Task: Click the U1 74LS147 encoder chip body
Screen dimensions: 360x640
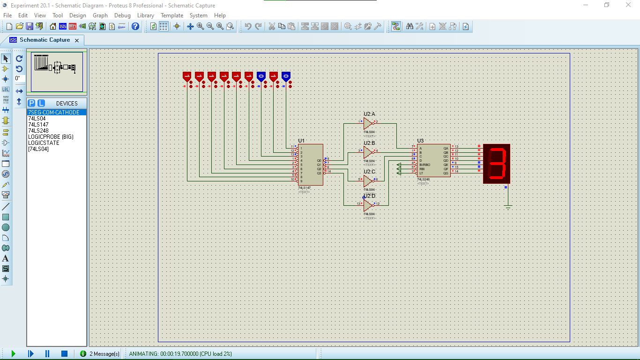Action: tap(310, 164)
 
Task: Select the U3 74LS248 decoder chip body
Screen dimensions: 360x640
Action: tap(434, 160)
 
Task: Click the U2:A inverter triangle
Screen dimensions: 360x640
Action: tap(368, 123)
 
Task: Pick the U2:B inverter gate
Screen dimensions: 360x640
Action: tap(368, 152)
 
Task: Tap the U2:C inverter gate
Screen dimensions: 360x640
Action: tap(368, 180)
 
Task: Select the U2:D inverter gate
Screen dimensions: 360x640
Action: tap(368, 205)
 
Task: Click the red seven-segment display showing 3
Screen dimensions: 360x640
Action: tap(497, 164)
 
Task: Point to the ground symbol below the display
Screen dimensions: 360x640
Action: tap(508, 207)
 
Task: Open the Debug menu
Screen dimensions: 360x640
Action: tap(122, 15)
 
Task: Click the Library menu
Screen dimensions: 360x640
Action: tap(145, 15)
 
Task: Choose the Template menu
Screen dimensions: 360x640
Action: tap(172, 15)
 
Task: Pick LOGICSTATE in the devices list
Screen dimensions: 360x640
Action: tap(44, 143)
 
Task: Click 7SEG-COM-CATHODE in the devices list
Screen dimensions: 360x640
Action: tap(54, 112)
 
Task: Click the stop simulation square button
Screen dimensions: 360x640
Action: tap(65, 353)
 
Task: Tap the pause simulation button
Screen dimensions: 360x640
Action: tap(47, 353)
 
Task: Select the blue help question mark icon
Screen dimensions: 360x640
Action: tap(135, 26)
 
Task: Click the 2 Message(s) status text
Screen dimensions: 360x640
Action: tap(104, 354)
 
